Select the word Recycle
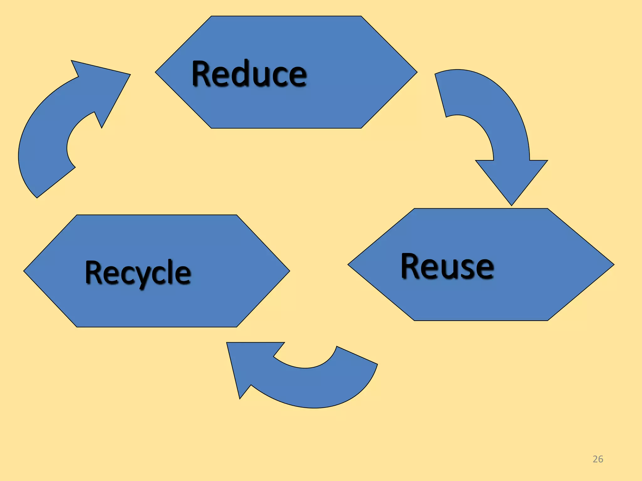[x=138, y=273]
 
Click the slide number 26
[x=598, y=459]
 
